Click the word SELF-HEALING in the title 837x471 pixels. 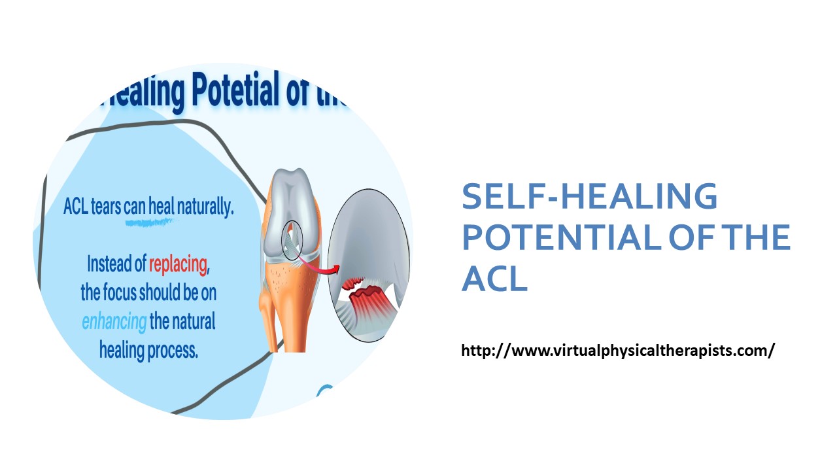(589, 196)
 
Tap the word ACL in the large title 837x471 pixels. (494, 279)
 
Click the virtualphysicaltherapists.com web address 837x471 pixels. (618, 351)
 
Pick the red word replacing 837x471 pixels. (179, 265)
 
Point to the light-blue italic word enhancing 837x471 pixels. (114, 322)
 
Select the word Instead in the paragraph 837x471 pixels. (109, 265)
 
